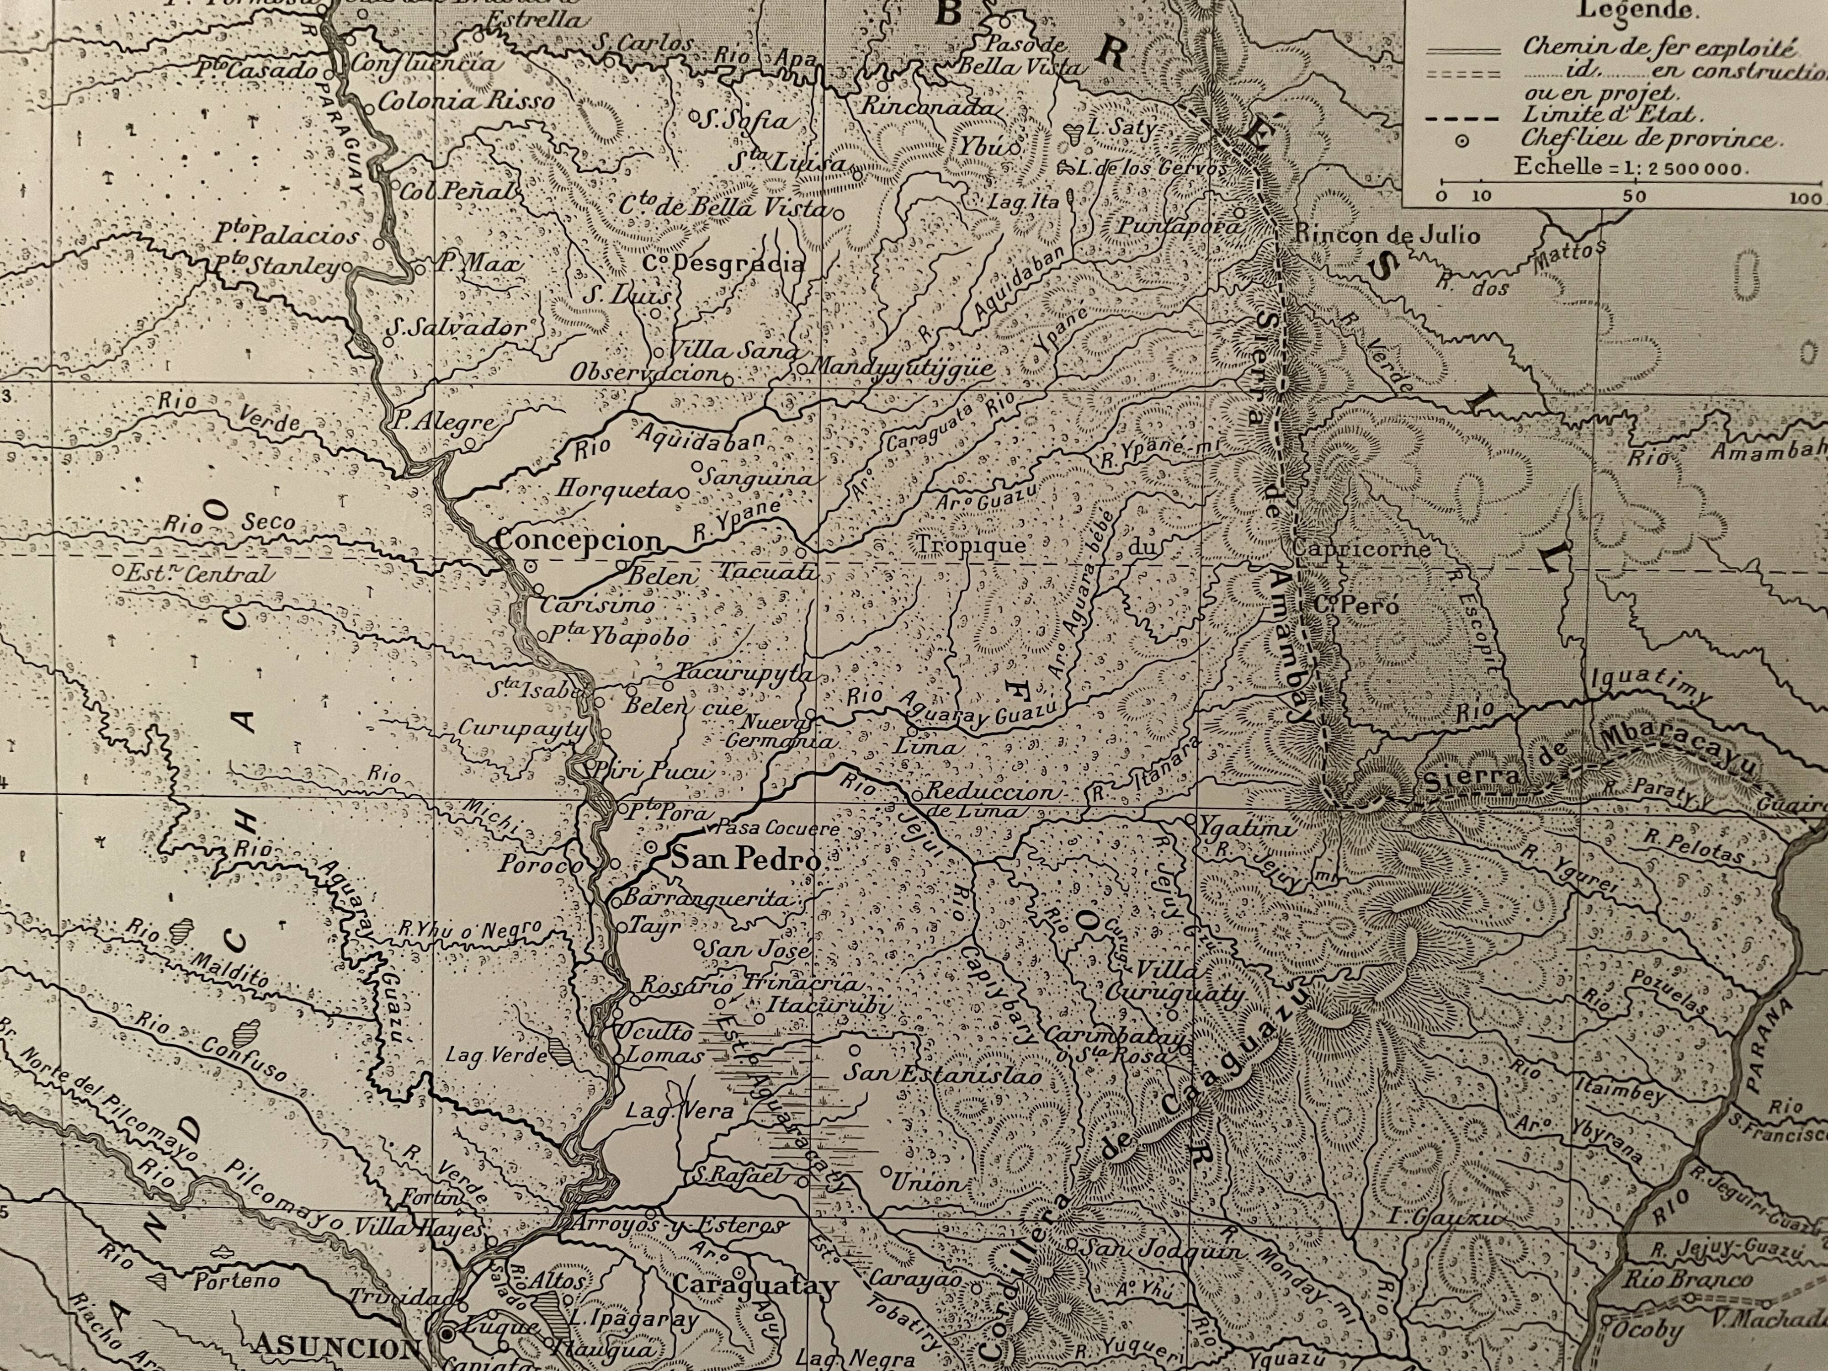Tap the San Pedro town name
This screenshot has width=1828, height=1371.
point(745,860)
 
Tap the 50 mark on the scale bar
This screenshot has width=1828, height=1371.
point(1634,197)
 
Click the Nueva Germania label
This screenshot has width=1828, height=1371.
point(780,731)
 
